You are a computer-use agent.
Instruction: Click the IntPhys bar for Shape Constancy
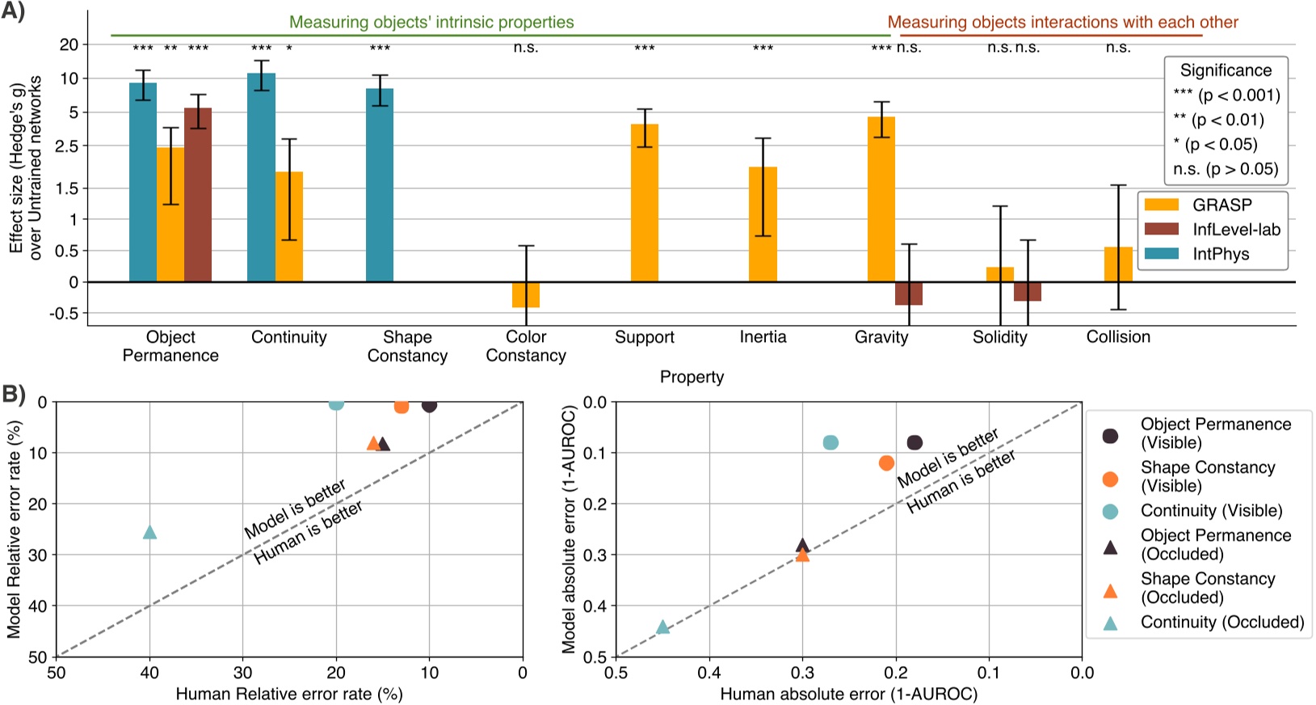coord(380,185)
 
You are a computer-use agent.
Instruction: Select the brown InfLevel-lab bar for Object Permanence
coord(198,195)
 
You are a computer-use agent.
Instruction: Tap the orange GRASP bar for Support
coord(645,203)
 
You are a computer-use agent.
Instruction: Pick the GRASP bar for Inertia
coord(763,224)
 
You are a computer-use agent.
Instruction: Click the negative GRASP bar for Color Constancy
coord(526,294)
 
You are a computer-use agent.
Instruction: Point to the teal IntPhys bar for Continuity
coord(261,178)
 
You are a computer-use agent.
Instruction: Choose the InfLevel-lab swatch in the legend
coord(1162,230)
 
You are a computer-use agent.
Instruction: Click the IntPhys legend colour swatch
coord(1162,254)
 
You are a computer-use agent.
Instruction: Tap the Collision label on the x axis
coord(1118,337)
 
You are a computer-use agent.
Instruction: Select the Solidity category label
coord(999,337)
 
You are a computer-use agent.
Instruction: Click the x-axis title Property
coord(692,377)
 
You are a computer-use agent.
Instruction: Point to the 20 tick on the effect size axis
coord(69,44)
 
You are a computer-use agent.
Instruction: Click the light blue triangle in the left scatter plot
coord(149,532)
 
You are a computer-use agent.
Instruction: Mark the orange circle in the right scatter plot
coord(886,463)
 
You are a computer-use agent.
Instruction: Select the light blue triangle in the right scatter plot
coord(662,627)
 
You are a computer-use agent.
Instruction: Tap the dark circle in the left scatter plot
coord(429,405)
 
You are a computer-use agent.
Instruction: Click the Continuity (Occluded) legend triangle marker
coord(1111,623)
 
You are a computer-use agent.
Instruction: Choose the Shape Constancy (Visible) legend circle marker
coord(1111,479)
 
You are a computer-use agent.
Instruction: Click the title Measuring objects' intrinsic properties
coord(431,22)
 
